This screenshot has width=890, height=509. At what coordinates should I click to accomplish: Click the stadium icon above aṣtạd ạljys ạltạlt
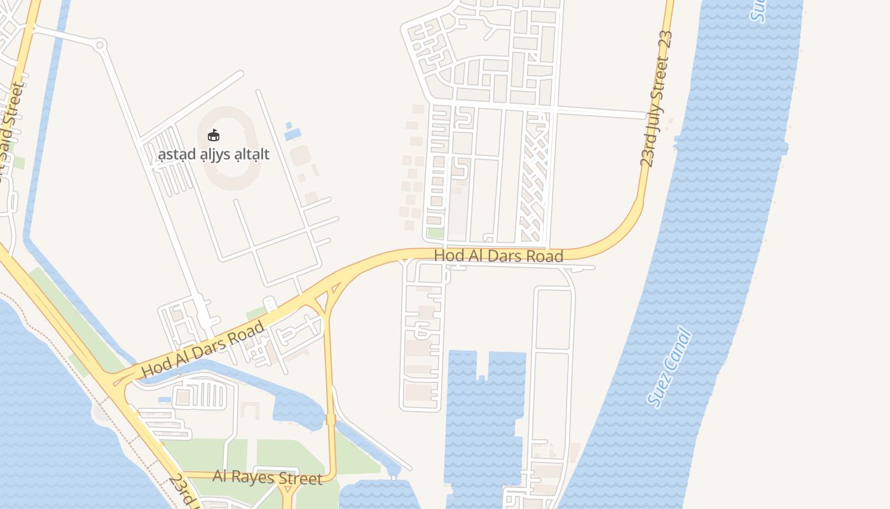tap(214, 135)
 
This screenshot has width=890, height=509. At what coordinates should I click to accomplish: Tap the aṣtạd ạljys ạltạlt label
tap(214, 154)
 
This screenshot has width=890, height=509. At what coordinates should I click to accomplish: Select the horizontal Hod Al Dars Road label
tap(498, 256)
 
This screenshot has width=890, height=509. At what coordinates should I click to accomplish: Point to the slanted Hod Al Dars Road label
tap(203, 349)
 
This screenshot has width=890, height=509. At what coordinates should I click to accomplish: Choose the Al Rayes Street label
tap(267, 477)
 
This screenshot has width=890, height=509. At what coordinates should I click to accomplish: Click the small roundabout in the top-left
tap(99, 45)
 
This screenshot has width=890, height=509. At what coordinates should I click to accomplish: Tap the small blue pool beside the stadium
tap(292, 134)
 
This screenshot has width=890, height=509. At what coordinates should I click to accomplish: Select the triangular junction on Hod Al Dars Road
tap(327, 299)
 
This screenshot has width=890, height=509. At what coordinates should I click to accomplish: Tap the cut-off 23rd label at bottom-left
tap(185, 491)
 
